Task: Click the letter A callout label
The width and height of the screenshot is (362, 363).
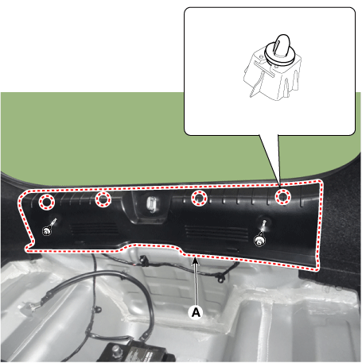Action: [196, 313]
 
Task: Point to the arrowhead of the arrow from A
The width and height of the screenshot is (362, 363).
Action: [195, 261]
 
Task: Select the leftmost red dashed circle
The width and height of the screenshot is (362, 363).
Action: [47, 202]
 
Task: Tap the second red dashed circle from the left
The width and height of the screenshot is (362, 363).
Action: [103, 199]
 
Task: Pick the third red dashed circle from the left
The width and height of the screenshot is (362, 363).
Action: [199, 198]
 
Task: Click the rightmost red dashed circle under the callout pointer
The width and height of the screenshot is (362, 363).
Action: [282, 196]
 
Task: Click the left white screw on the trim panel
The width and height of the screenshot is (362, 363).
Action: [47, 231]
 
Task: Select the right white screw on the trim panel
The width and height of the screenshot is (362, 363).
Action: [259, 241]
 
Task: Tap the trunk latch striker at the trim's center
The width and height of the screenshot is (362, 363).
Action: [151, 204]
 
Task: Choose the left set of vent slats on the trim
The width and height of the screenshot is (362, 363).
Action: [94, 229]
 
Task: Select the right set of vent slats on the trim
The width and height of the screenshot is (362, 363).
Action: [217, 233]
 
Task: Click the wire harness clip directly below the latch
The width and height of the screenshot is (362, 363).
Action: [143, 261]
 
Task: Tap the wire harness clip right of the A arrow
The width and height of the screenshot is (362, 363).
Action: [220, 278]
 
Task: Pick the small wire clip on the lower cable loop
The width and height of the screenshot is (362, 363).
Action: [98, 309]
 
